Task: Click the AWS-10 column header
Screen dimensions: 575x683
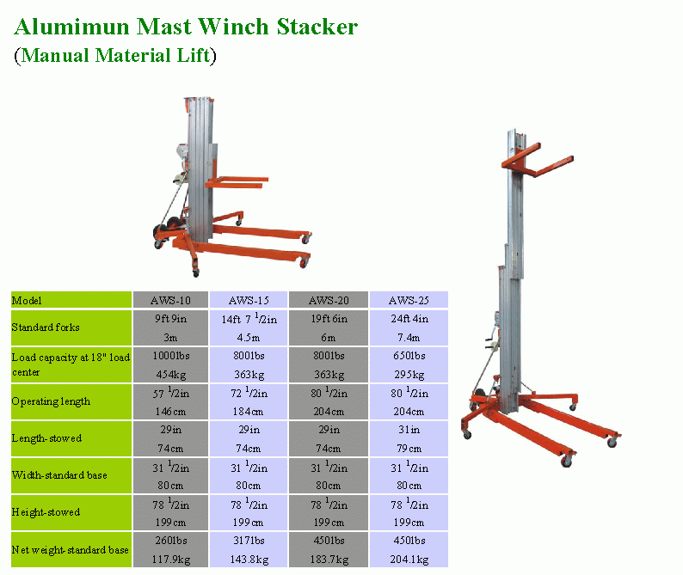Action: [169, 301]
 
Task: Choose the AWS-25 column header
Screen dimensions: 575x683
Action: [409, 301]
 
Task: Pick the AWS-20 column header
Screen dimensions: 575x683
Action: [328, 301]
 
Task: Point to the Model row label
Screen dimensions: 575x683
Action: [27, 301]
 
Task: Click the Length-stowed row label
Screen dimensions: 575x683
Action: [46, 438]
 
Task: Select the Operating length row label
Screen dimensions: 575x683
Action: [51, 401]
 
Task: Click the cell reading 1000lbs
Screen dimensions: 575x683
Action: [169, 356]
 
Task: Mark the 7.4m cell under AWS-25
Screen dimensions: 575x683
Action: [409, 338]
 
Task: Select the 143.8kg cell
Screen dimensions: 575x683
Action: [249, 560]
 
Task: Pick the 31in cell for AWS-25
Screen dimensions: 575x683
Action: [409, 430]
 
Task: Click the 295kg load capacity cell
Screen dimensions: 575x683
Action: [409, 375]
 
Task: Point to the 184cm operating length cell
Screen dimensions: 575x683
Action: [249, 412]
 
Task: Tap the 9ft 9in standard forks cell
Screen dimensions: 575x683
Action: [169, 319]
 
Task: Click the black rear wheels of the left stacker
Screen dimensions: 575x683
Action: [161, 230]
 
